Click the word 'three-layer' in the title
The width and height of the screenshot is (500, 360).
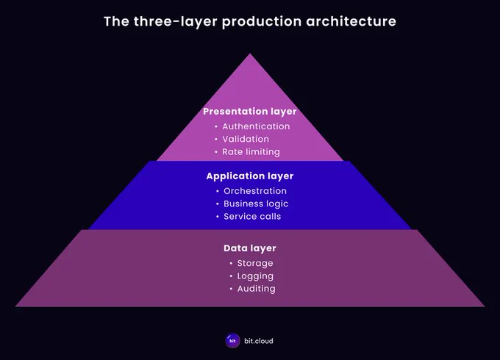pyautogui.click(x=175, y=22)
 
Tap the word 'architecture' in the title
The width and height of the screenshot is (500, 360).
pyautogui.click(x=351, y=21)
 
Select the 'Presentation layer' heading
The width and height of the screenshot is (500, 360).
pyautogui.click(x=250, y=112)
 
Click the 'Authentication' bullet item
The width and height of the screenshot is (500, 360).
pyautogui.click(x=256, y=126)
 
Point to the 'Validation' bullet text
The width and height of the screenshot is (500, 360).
pyautogui.click(x=246, y=139)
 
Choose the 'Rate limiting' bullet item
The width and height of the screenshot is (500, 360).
pyautogui.click(x=251, y=152)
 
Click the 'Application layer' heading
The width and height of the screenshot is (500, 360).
pyautogui.click(x=250, y=176)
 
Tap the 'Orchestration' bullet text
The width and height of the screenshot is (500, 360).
pyautogui.click(x=255, y=191)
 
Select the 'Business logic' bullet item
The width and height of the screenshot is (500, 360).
pyautogui.click(x=256, y=204)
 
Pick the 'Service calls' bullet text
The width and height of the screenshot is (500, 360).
pyautogui.click(x=252, y=217)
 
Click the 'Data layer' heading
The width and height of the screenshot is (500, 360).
pyautogui.click(x=250, y=248)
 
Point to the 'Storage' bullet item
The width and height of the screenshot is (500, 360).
pyautogui.click(x=255, y=264)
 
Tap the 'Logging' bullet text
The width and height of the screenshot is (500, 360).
pyautogui.click(x=255, y=276)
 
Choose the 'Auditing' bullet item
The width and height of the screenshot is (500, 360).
pyautogui.click(x=257, y=289)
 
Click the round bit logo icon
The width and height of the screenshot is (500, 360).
pyautogui.click(x=232, y=341)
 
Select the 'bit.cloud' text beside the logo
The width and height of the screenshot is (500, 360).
pyautogui.click(x=259, y=341)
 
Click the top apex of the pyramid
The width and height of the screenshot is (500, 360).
pyautogui.click(x=250, y=54)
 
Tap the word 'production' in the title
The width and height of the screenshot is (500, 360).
pyautogui.click(x=262, y=22)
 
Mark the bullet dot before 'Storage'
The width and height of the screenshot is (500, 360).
pyautogui.click(x=231, y=264)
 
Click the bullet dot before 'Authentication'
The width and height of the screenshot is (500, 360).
pyautogui.click(x=216, y=126)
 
